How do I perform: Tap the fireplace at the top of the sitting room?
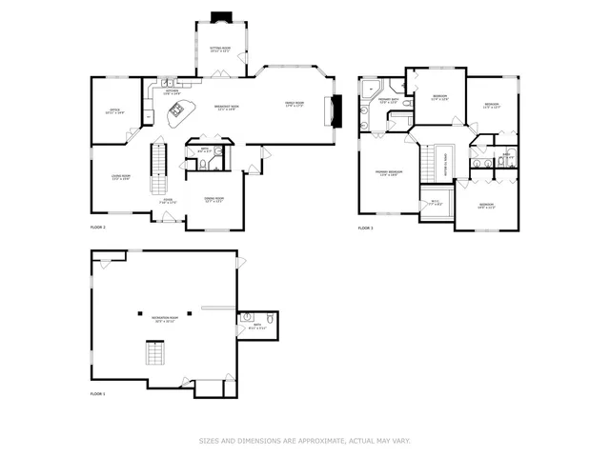coord(221,16)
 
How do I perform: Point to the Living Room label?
coord(120,177)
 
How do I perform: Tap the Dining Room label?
coord(214,199)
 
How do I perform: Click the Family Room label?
coord(294,104)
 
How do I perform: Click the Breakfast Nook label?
coord(225,107)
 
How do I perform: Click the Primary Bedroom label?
coord(390,172)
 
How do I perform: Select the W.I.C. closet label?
coord(435,201)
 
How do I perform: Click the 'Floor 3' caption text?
coord(365,228)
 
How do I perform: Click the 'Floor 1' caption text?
coord(98,393)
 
